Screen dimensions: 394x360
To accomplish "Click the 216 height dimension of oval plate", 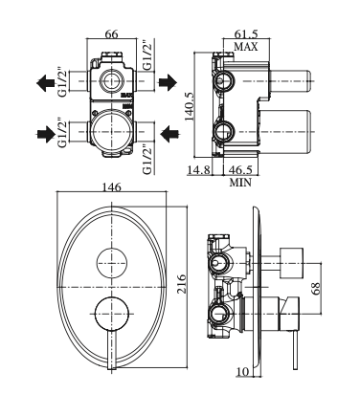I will click(x=181, y=285).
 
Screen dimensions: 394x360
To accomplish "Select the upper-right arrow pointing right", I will click(x=166, y=84).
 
